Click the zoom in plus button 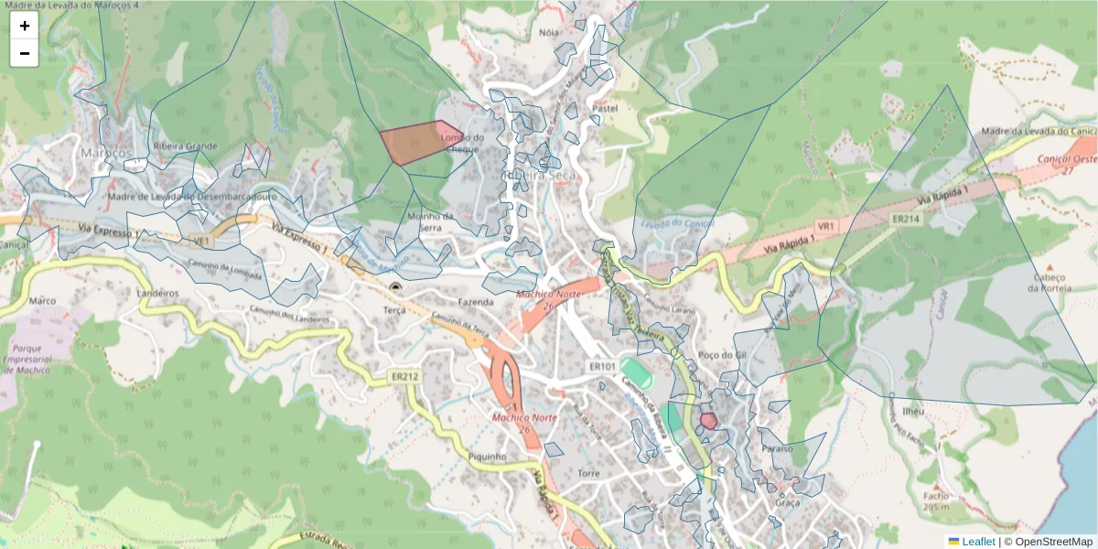pyautogui.click(x=25, y=26)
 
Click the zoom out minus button pyautogui.click(x=25, y=53)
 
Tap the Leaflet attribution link pyautogui.click(x=978, y=541)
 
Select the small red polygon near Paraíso pyautogui.click(x=708, y=421)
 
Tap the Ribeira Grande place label pyautogui.click(x=187, y=146)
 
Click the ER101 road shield pyautogui.click(x=601, y=367)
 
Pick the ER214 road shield pyautogui.click(x=905, y=220)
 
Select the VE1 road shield pyautogui.click(x=202, y=241)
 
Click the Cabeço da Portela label pyautogui.click(x=1049, y=283)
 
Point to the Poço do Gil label pyautogui.click(x=716, y=355)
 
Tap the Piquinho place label pyautogui.click(x=487, y=457)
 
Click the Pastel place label pyautogui.click(x=606, y=107)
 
